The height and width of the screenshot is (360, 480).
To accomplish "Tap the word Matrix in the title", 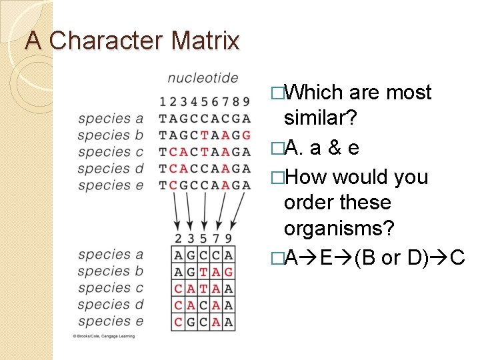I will [205, 41].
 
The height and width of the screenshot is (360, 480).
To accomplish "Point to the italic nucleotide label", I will [203, 78].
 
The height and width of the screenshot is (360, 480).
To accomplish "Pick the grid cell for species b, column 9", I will [229, 272].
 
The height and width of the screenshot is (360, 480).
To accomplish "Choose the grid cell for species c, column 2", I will [178, 289].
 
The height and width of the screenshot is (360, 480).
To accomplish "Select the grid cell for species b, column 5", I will [203, 272].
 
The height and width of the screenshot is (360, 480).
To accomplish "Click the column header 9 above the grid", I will [229, 239].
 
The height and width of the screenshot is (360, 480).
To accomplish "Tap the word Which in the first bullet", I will [313, 92].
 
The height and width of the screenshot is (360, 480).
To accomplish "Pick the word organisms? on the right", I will [339, 229].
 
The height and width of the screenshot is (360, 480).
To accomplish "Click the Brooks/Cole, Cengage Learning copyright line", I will [103, 337].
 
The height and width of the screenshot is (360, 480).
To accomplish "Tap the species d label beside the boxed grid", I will [110, 305].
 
